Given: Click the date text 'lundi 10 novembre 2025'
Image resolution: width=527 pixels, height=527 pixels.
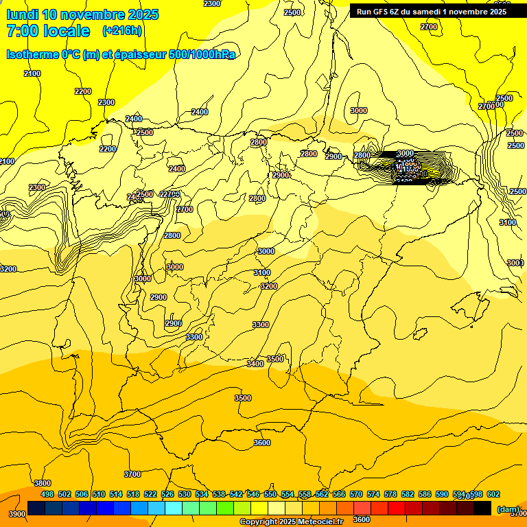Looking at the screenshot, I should (x=82, y=14).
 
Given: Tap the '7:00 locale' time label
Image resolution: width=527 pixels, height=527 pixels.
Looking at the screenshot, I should (x=48, y=31).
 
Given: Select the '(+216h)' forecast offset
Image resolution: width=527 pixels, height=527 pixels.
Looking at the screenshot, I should (x=122, y=31).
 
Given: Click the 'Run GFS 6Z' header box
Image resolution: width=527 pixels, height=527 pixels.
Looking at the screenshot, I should (x=428, y=11).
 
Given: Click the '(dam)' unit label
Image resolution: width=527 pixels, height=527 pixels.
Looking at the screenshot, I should (x=508, y=508).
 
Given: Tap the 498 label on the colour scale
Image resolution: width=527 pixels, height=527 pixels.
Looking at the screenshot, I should (x=47, y=494).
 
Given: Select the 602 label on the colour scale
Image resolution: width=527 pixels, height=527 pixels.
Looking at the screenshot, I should (x=493, y=494).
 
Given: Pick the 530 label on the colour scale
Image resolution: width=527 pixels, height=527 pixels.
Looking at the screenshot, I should (x=185, y=494).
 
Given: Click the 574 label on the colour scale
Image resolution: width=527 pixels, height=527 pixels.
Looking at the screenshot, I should (x=373, y=494).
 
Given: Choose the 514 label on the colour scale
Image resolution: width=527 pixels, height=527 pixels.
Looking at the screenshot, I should (x=116, y=494).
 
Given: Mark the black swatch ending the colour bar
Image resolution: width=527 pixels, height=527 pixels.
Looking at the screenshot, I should (x=482, y=508).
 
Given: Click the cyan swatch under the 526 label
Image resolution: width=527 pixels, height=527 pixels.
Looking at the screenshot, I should (x=174, y=508).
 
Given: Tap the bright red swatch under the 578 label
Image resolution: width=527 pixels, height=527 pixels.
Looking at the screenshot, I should (x=397, y=508).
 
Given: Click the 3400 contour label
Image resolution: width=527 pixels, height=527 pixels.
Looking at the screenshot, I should (x=255, y=364).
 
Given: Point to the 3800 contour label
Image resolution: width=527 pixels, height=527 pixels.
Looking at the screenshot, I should (x=43, y=483).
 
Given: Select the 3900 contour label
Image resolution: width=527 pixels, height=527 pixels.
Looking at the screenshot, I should (x=17, y=514).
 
